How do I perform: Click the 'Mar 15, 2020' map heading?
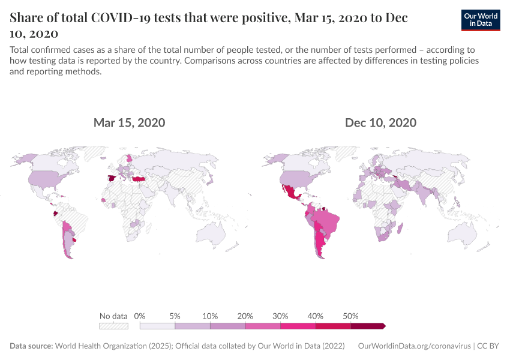(129, 123)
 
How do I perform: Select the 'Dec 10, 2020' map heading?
(380, 123)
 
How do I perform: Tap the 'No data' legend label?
(113, 316)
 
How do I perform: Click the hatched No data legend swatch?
(113, 326)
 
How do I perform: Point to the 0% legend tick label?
(140, 316)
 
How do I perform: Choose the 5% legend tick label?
(175, 316)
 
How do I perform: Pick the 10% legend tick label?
(210, 316)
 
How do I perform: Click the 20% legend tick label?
(245, 316)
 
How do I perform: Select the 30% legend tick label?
(280, 316)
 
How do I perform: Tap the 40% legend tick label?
(316, 316)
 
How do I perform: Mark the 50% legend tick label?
(350, 316)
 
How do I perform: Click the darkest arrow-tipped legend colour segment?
(367, 326)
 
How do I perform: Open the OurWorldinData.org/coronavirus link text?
(413, 346)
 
